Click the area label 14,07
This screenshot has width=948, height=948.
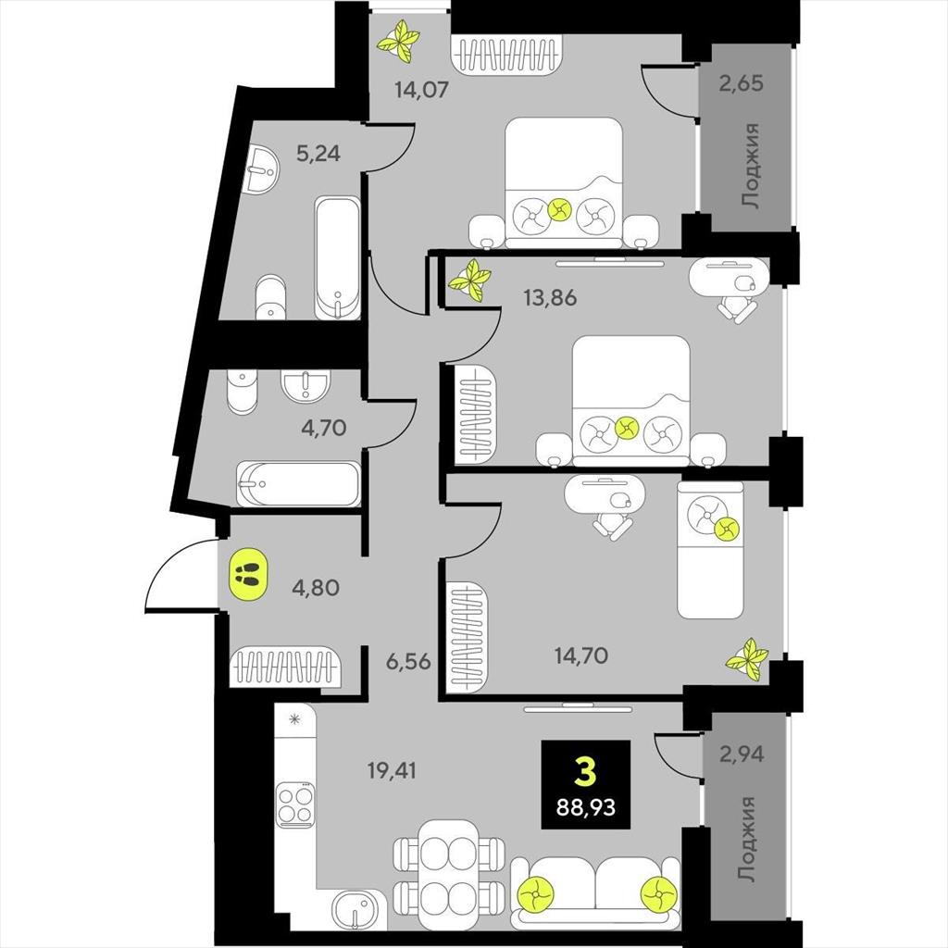(x=421, y=90)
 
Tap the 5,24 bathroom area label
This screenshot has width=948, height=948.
(x=318, y=154)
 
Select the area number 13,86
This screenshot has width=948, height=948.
(x=550, y=297)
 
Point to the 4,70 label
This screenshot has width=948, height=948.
(x=323, y=428)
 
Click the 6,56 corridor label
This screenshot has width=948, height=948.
(x=408, y=661)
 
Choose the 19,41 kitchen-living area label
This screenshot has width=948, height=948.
(x=392, y=771)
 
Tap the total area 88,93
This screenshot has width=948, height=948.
(x=585, y=806)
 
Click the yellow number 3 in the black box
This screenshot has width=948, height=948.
(x=585, y=772)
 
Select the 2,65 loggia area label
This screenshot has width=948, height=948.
(x=742, y=82)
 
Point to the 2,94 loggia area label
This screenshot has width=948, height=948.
(x=742, y=754)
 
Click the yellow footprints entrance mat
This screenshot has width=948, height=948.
(x=247, y=574)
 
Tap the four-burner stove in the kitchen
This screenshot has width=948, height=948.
(x=295, y=805)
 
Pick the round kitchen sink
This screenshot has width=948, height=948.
(x=358, y=910)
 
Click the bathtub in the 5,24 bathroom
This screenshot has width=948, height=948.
(x=337, y=257)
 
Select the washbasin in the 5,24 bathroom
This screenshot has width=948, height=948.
(x=262, y=169)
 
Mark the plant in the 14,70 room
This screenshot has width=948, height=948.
(x=747, y=659)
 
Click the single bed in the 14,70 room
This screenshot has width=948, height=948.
(x=710, y=550)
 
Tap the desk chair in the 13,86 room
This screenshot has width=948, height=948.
(x=736, y=310)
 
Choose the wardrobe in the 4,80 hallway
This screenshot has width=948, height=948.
(x=284, y=667)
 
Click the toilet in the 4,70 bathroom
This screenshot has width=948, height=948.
(x=242, y=392)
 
